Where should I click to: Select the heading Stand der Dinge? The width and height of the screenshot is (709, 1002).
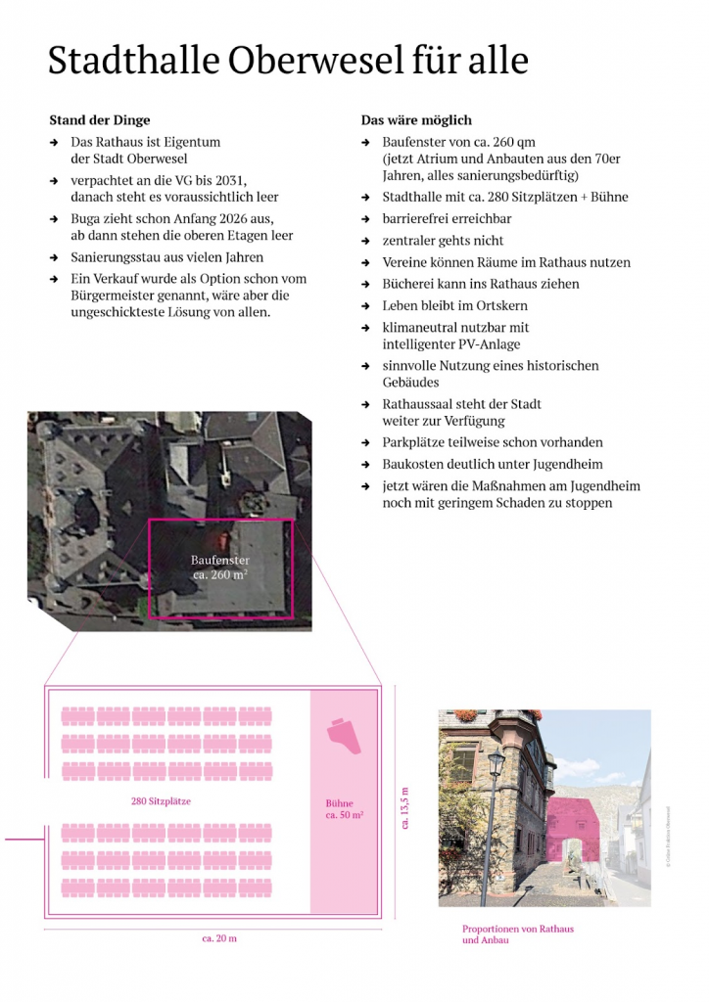[100, 120]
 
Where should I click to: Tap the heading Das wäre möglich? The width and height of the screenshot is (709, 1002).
[416, 120]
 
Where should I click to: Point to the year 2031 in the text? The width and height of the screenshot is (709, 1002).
[260, 180]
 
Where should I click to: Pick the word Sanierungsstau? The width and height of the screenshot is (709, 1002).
[120, 257]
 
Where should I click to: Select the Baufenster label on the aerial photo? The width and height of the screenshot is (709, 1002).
[219, 561]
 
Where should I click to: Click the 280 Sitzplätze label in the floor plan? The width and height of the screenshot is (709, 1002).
[161, 801]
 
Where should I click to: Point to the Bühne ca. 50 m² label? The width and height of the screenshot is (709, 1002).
[344, 808]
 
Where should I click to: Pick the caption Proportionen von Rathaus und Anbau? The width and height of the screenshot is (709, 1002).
[517, 934]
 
